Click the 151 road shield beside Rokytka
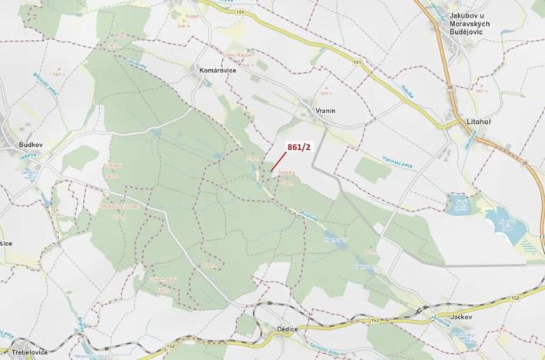click(356, 62)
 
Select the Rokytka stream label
click(405, 90)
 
